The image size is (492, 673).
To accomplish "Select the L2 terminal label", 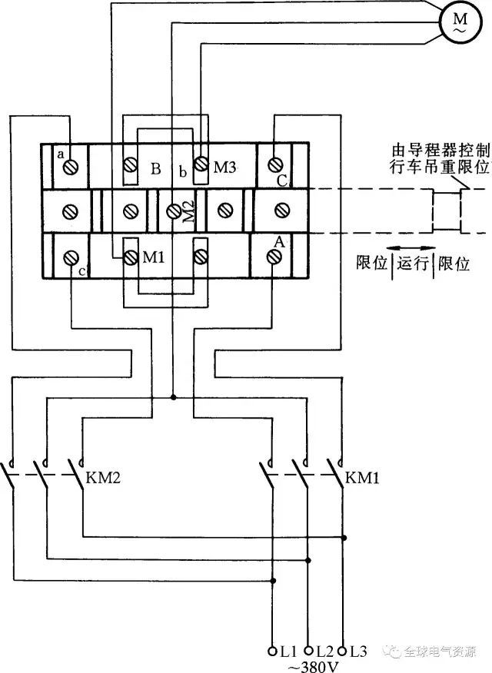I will coord(324,650).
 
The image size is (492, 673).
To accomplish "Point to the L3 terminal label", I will coord(358,650).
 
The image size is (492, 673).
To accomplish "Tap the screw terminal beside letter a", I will coord(72,165).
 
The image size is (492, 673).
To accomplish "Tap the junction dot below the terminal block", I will coord(174,397).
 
